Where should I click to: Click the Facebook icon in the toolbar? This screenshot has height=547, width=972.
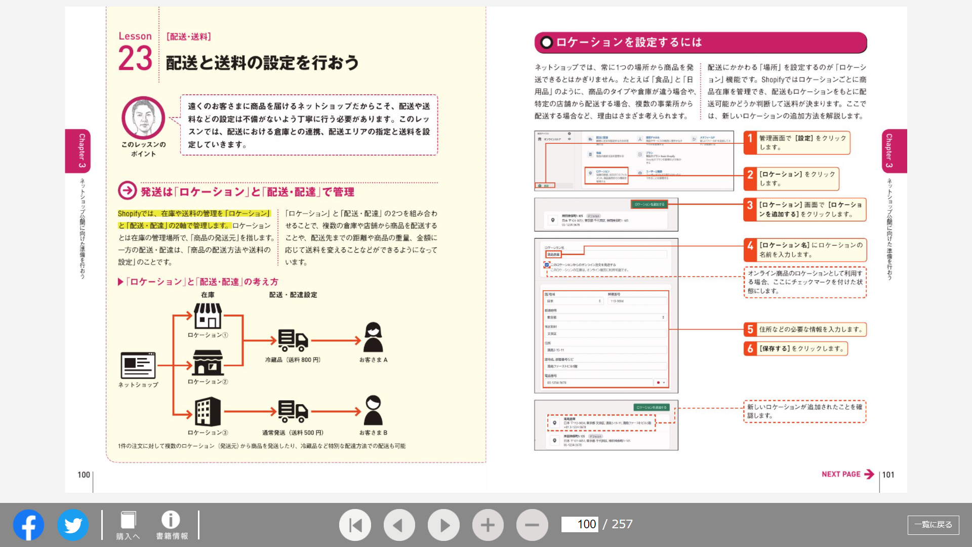coord(28,525)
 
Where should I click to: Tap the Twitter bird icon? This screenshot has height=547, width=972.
coord(73,525)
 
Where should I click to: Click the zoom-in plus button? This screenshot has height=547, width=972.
coord(488,525)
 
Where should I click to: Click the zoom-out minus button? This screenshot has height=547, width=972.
coord(532,525)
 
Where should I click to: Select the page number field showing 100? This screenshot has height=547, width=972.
coord(580,524)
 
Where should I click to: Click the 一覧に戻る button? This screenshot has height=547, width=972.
coord(933,525)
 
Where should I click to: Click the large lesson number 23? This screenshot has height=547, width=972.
coord(135,58)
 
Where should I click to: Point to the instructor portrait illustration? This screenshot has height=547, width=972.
coord(143,118)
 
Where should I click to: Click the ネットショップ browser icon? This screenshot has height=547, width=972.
coord(138,365)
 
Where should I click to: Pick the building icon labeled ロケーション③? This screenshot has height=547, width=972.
coord(208,411)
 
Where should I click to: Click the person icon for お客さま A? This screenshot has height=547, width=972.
coord(373,337)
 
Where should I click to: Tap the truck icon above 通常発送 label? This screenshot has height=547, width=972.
coord(293,411)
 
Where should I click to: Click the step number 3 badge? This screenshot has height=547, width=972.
coord(750,205)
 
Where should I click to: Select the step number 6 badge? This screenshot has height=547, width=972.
coord(750,348)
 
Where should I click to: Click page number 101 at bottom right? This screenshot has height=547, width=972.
coord(888,475)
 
